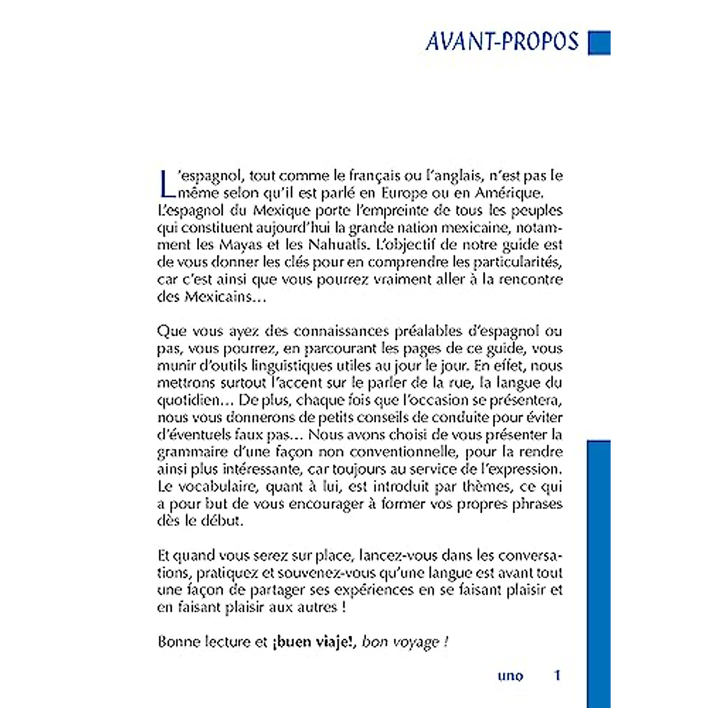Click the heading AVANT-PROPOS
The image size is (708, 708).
[x=502, y=41]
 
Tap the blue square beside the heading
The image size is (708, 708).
[x=599, y=43]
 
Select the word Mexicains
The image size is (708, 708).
[x=218, y=296]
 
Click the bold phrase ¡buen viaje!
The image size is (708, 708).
[x=313, y=642]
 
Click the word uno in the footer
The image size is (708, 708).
[x=510, y=676]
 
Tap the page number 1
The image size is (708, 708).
[x=557, y=676]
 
